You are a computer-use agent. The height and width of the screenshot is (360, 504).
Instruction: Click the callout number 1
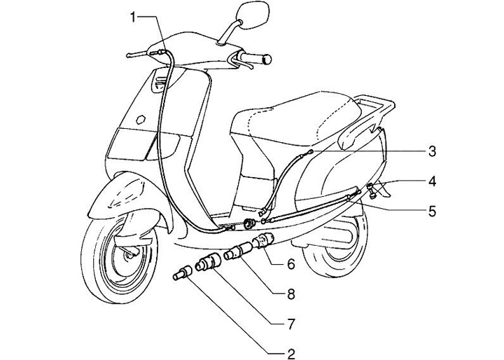point(132,16)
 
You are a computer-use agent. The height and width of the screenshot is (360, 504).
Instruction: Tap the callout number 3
point(433,151)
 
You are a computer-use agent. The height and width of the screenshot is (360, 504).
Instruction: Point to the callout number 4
point(433,181)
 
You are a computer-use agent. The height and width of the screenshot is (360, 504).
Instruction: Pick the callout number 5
point(433,209)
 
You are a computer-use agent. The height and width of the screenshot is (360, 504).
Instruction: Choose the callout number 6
point(290,264)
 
